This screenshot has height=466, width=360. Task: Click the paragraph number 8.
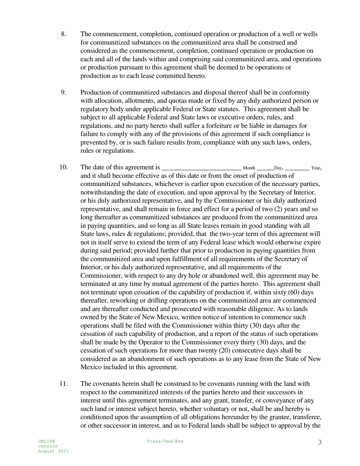point(63,34)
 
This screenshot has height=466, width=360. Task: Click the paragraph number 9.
point(63,92)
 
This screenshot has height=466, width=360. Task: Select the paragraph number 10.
point(64,167)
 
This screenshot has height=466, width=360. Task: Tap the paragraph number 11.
point(64,384)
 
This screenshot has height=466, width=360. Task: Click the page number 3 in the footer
point(320,442)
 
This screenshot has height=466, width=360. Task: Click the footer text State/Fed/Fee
point(165,441)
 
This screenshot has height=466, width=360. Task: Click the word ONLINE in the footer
point(46,441)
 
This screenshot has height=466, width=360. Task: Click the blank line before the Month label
point(201,168)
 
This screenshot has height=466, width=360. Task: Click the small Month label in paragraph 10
point(249,168)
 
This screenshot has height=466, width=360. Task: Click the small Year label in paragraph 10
point(315,168)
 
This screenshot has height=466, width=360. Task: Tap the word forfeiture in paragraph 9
point(227,126)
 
